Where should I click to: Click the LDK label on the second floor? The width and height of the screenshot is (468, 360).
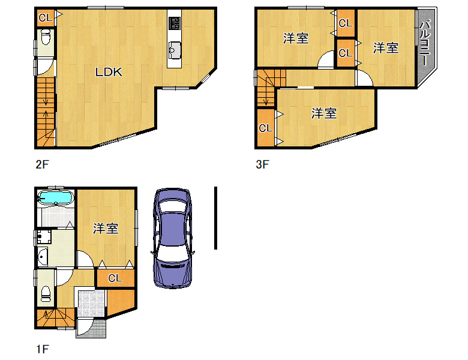pyautogui.click(x=109, y=72)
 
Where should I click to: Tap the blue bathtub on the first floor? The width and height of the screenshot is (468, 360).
pyautogui.click(x=56, y=197)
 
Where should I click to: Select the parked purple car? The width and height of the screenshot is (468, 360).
pyautogui.click(x=173, y=238)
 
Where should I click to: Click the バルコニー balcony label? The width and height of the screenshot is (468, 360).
pyautogui.click(x=425, y=43)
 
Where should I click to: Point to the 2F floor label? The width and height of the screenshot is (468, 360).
pyautogui.click(x=42, y=164)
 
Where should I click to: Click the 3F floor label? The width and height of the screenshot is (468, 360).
pyautogui.click(x=262, y=164)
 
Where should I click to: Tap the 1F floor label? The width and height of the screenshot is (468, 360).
pyautogui.click(x=42, y=349)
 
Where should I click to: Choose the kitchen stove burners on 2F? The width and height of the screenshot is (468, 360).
pyautogui.click(x=175, y=23)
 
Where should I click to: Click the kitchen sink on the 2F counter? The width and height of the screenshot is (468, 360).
pyautogui.click(x=175, y=50)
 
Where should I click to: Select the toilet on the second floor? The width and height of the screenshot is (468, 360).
pyautogui.click(x=46, y=37)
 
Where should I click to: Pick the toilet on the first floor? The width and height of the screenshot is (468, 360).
pyautogui.click(x=46, y=294)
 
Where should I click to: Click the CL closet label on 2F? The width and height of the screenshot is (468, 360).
pyautogui.click(x=46, y=18)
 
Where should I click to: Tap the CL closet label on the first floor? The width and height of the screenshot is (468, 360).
pyautogui.click(x=115, y=278)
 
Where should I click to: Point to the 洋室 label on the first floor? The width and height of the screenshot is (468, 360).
pyautogui.click(x=106, y=229)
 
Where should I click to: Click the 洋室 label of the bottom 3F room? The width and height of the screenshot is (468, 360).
pyautogui.click(x=324, y=113)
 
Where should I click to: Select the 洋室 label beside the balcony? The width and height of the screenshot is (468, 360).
pyautogui.click(x=386, y=48)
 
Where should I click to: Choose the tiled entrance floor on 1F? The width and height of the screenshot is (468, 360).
pyautogui.click(x=91, y=303)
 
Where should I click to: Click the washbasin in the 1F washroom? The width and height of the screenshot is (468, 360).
pyautogui.click(x=43, y=256)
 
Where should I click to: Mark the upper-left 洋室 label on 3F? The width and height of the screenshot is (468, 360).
pyautogui.click(x=295, y=38)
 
